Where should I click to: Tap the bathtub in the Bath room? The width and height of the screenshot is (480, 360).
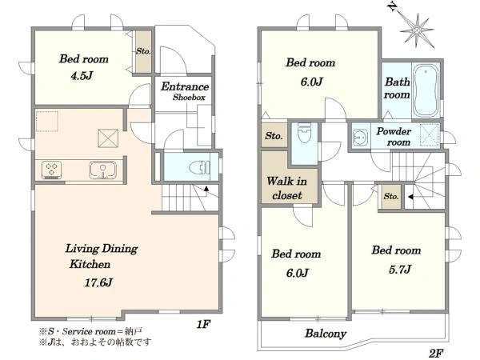pyautogui.click(x=426, y=90)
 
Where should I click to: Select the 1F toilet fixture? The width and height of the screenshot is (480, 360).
pyautogui.click(x=199, y=167)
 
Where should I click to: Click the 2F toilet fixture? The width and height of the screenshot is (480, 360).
pyautogui.click(x=304, y=133)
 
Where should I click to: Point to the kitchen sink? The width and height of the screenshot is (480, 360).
pyautogui.click(x=103, y=170)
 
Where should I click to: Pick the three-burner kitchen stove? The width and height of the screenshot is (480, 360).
pyautogui.click(x=51, y=170)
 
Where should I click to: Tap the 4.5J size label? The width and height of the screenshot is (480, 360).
pyautogui.click(x=82, y=75)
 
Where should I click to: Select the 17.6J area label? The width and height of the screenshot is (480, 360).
pyautogui.click(x=98, y=282)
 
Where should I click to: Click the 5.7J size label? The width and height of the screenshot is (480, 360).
pyautogui.click(x=400, y=270)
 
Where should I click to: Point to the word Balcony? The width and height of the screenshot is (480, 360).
pyautogui.click(x=326, y=334)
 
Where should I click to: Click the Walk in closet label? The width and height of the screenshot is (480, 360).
pyautogui.click(x=287, y=188)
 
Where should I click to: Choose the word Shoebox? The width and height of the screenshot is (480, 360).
pyautogui.click(x=189, y=98)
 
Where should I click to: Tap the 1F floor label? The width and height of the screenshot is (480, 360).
pyautogui.click(x=203, y=324)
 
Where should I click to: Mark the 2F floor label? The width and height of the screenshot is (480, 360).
pyautogui.click(x=436, y=354)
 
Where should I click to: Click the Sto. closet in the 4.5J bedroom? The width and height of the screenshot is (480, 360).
pyautogui.click(x=143, y=51)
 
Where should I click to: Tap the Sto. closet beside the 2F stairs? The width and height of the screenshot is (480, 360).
pyautogui.click(x=391, y=196)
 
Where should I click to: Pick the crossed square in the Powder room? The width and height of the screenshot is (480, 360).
pyautogui.click(x=430, y=134)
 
